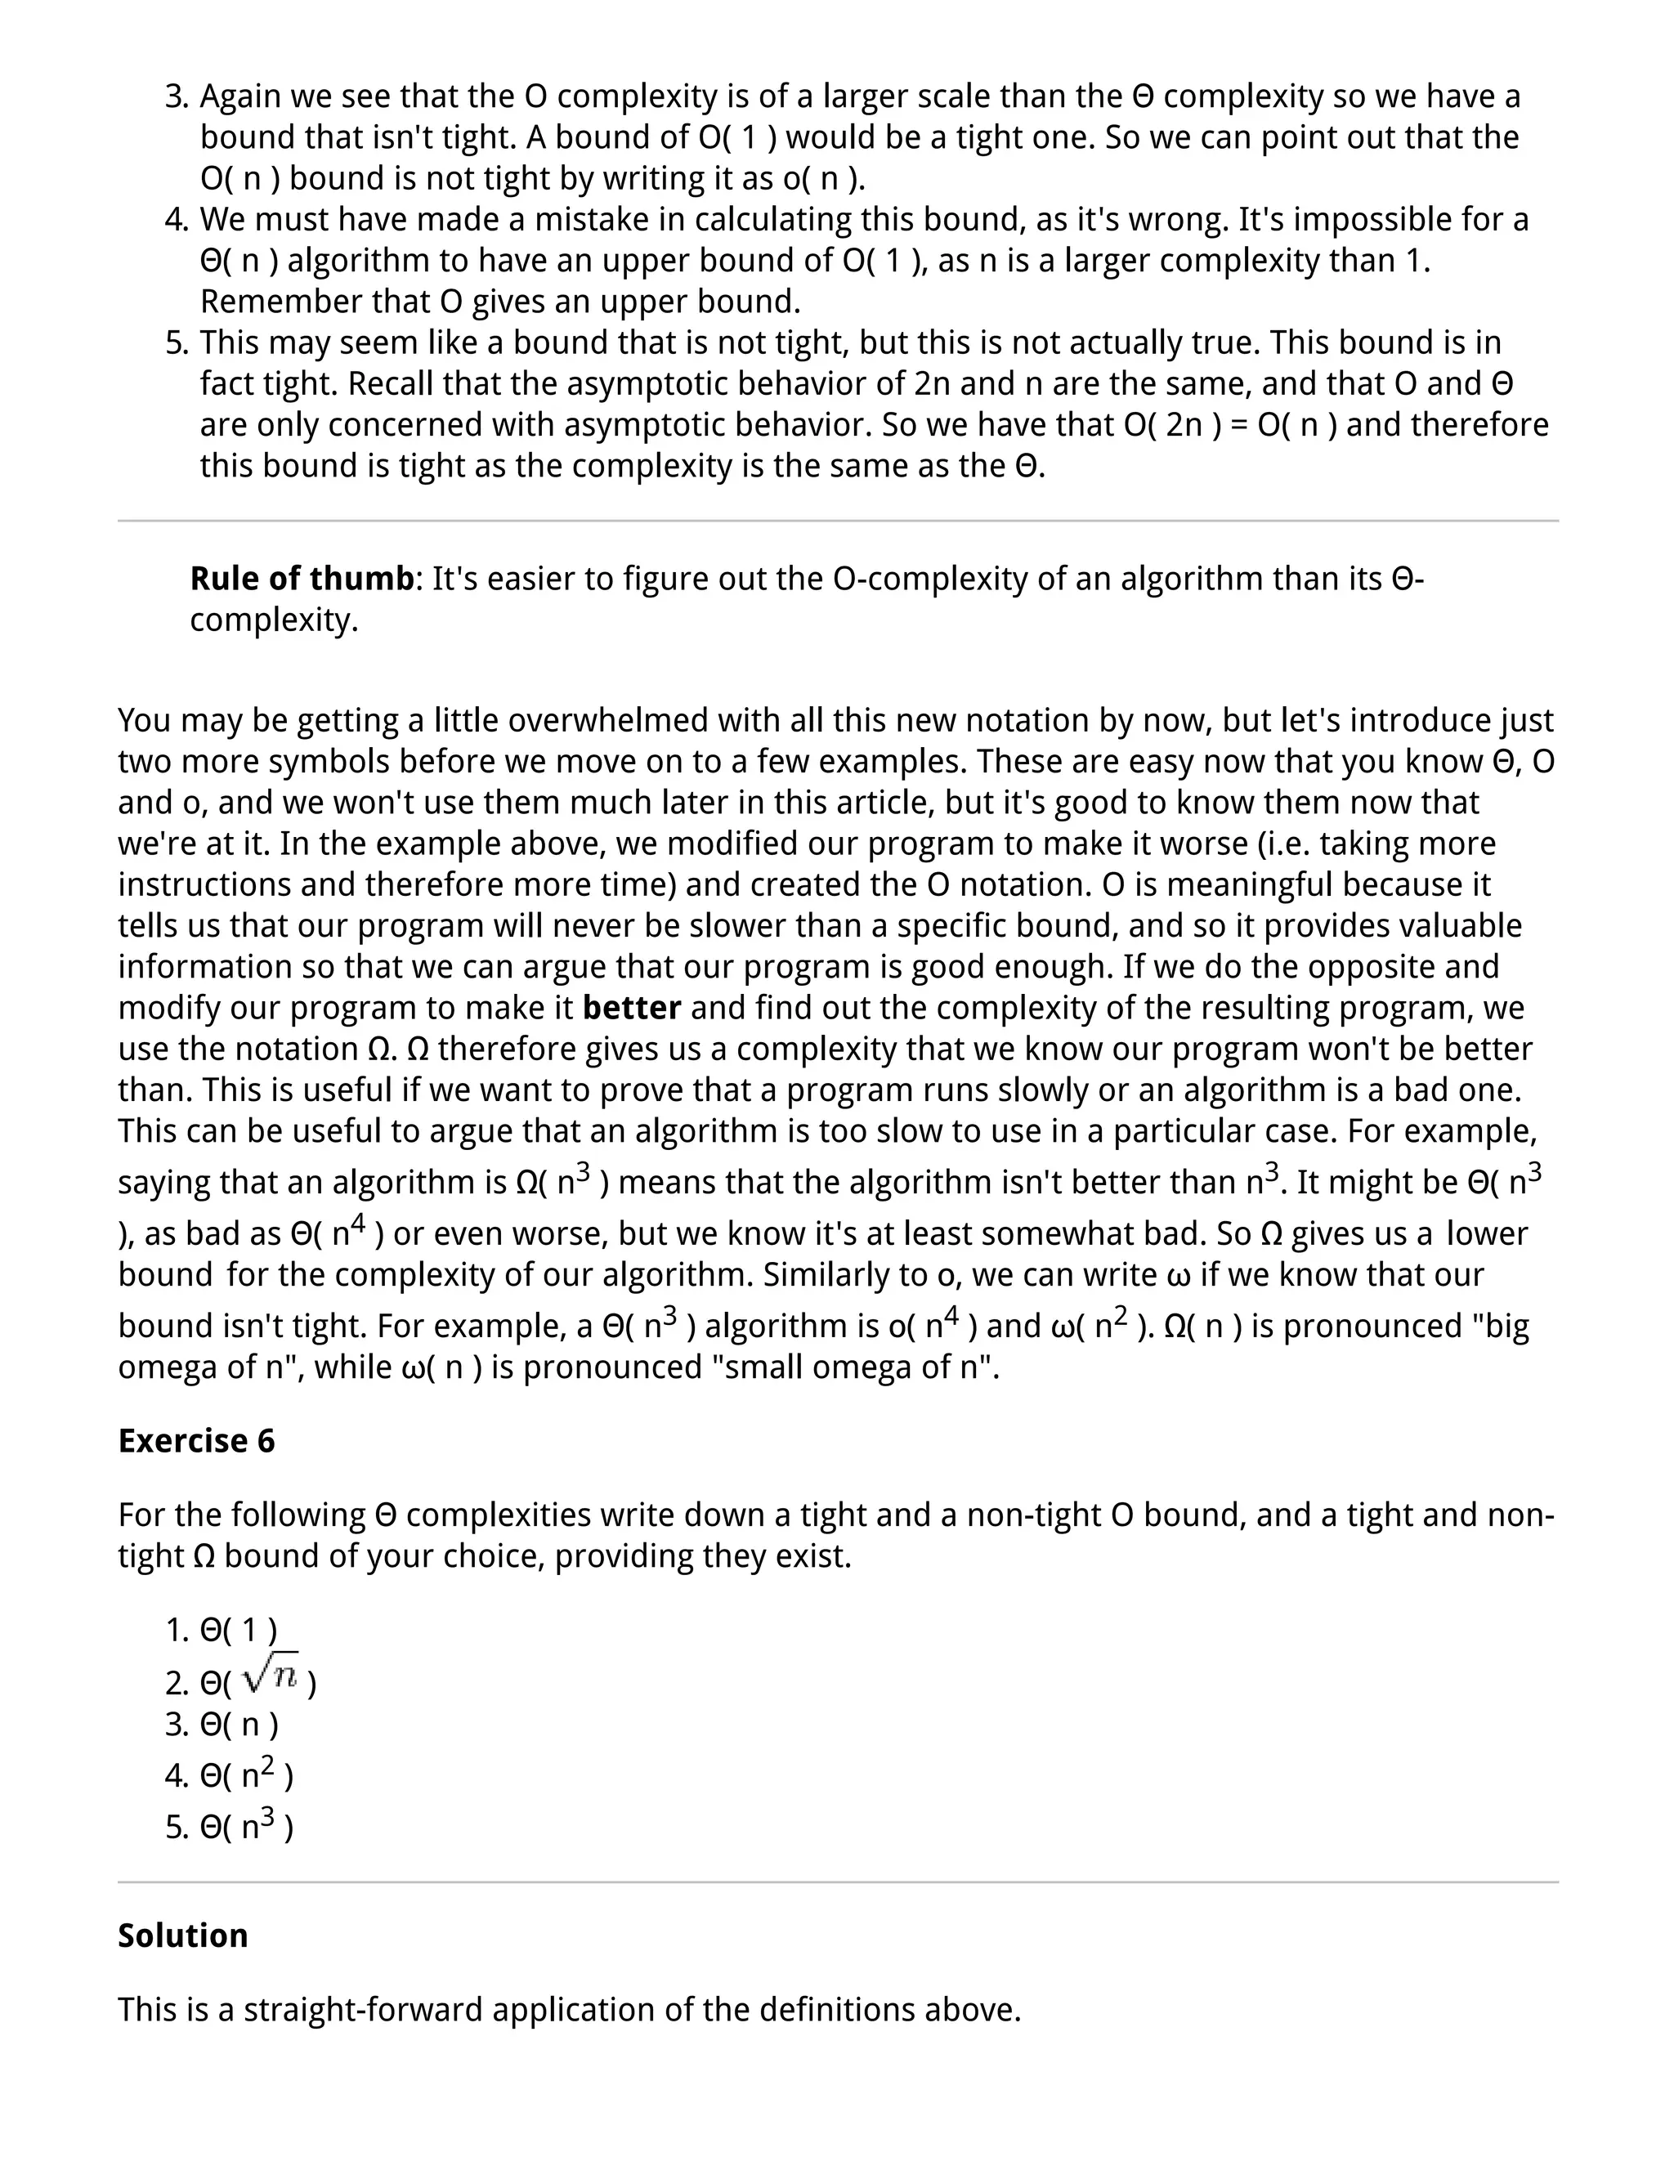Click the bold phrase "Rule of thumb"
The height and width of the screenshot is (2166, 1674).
[302, 578]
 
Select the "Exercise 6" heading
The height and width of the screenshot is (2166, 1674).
[196, 1440]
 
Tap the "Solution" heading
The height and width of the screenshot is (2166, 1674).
[182, 1935]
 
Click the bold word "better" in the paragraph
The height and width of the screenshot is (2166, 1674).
[632, 1008]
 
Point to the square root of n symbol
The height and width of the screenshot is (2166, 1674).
[271, 1677]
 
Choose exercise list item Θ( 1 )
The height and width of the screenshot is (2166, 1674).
[238, 1630]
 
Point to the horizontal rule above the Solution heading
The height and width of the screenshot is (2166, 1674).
[837, 1882]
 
